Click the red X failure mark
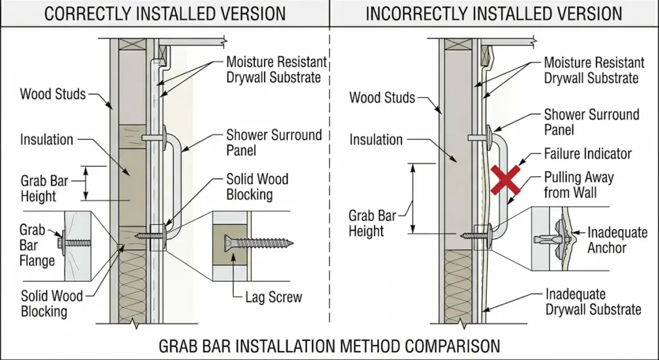(506, 180)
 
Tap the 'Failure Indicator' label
(588, 154)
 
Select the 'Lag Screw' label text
(274, 298)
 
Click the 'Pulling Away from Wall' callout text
(579, 184)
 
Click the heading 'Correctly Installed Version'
(165, 13)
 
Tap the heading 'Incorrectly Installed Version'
(494, 13)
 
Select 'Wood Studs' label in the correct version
(52, 95)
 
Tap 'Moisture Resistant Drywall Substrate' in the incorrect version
(593, 70)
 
